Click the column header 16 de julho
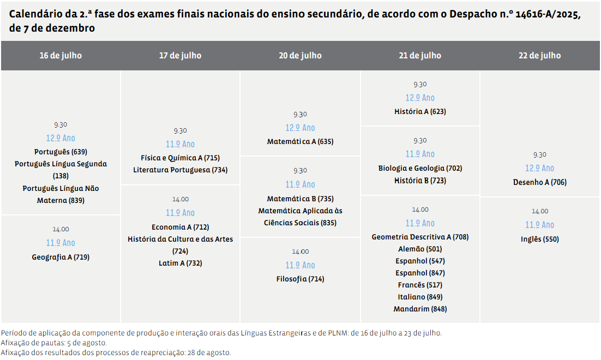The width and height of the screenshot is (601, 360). (61, 56)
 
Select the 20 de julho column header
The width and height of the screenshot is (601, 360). (300, 56)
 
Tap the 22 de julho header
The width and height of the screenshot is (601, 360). (539, 56)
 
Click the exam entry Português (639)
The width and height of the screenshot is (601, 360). (61, 152)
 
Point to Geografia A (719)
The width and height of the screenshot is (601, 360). (61, 257)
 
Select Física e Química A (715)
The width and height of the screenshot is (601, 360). (180, 158)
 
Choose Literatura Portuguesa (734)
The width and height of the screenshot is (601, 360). (180, 170)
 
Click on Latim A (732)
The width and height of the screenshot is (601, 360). (180, 263)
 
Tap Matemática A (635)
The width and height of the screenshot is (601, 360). (300, 141)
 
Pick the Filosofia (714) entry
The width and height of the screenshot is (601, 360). (300, 279)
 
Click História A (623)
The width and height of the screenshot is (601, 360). (420, 111)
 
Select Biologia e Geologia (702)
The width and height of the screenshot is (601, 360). (420, 168)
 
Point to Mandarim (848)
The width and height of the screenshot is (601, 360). (420, 309)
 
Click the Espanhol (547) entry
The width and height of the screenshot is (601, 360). (420, 261)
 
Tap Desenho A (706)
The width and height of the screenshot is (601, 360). (539, 182)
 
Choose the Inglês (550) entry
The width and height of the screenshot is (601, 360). (539, 239)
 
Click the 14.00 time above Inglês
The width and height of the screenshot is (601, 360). (539, 211)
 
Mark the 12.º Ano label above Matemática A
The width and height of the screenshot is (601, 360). (300, 128)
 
